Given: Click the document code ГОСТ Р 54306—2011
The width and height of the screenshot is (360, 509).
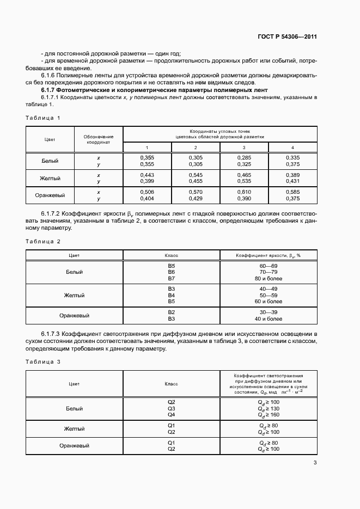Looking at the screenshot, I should tap(286, 37).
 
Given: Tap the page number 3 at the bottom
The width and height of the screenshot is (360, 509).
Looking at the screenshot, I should tap(315, 463).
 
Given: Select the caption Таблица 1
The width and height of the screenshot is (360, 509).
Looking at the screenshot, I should tap(43, 118).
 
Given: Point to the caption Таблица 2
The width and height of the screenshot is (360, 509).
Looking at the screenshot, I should tap(43, 241).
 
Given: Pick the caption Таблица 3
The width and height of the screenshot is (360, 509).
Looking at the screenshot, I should tap(43, 361).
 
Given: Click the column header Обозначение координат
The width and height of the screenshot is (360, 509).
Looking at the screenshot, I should tap(99, 139).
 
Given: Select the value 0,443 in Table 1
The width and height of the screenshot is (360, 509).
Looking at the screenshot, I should tap(147, 175).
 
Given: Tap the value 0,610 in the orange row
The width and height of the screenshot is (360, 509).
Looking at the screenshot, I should tap(243, 192).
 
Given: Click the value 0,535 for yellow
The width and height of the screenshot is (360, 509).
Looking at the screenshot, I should tap(243, 181).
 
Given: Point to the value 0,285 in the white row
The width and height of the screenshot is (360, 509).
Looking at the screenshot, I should tap(243, 158).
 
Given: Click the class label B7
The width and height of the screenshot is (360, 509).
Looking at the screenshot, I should tap(171, 278).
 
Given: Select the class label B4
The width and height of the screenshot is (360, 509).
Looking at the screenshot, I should tap(171, 295).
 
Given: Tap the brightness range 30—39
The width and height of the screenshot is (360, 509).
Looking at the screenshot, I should tap(268, 312).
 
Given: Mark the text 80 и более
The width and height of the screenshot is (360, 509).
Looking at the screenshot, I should tap(268, 278).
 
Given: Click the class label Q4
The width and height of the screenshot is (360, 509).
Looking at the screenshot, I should tap(171, 414).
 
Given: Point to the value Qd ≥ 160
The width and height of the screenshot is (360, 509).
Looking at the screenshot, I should tap(268, 414).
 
